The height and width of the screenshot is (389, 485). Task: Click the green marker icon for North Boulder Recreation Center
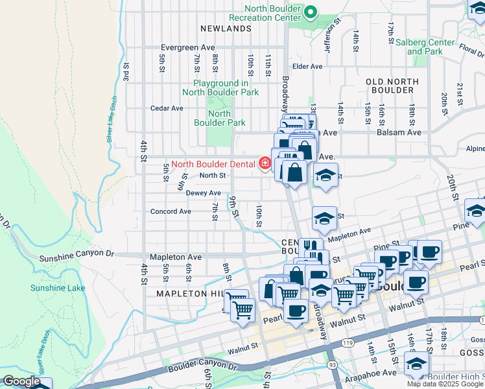point(311,12)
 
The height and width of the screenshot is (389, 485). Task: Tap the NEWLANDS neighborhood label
point(226,29)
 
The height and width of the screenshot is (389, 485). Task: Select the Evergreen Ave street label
point(187,48)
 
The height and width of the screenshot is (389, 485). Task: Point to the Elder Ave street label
point(307,66)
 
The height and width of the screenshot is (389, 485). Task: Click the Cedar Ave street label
point(167,108)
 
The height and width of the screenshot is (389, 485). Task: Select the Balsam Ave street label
point(399,132)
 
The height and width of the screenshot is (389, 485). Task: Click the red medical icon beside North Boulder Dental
point(265,163)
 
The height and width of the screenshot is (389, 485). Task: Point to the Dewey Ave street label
point(203,193)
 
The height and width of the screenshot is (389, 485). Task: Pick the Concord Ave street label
point(171,211)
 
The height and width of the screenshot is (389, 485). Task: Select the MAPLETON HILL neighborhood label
point(189,293)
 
